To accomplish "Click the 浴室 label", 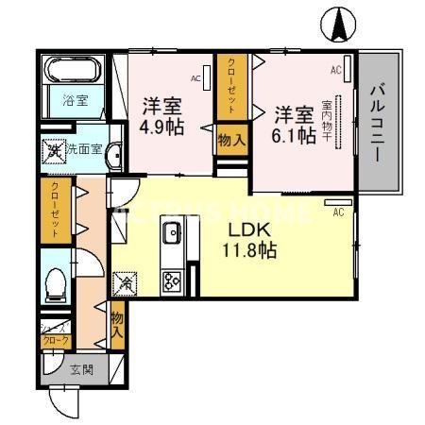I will point(75,100).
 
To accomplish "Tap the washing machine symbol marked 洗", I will point(55,149).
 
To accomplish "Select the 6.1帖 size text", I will point(295,136).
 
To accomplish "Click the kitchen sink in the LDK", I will point(172,233).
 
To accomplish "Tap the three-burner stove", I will point(172,280).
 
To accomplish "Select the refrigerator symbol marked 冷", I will point(124,281).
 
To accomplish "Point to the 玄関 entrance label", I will point(80,368).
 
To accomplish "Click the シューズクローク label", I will point(53,333).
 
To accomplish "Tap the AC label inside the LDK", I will point(337,212).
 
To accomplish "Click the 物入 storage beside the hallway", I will point(117,324).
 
